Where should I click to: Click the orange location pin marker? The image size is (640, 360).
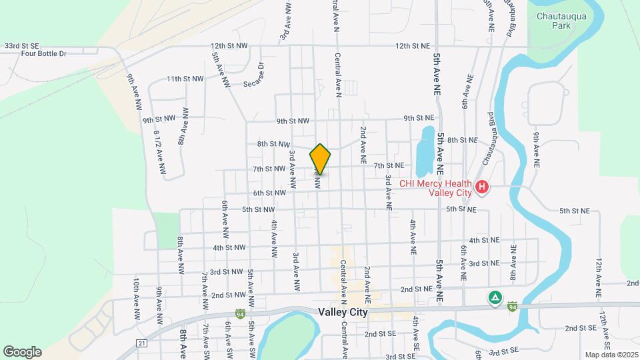pos(320,159)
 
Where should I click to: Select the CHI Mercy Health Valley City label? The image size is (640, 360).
pos(435,188)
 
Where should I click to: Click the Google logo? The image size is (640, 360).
pos(22,352)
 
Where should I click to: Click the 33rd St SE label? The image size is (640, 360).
pos(21,45)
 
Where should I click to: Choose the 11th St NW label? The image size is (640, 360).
pos(185,79)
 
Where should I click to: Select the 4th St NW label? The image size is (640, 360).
pos(229,248)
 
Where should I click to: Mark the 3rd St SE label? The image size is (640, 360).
pos(505,351)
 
